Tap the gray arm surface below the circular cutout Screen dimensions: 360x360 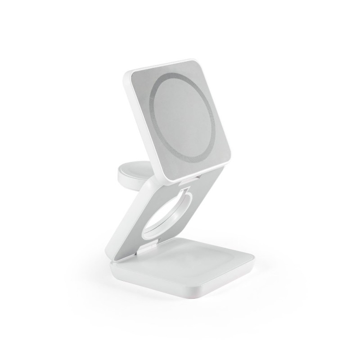(x=148, y=241)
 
